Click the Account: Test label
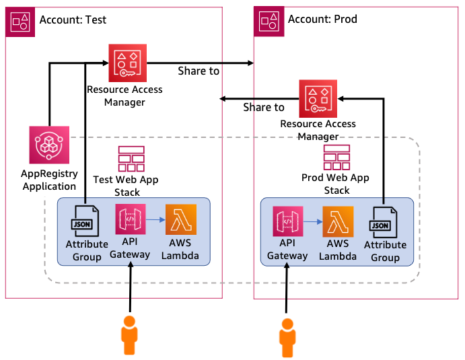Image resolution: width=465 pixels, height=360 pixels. [73, 20]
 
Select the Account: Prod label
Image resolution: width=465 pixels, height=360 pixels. [322, 19]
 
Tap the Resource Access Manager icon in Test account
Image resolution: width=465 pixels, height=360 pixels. [127, 63]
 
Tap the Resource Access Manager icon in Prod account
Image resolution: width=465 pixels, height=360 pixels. [318, 98]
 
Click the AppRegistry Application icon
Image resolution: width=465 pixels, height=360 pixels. [49, 145]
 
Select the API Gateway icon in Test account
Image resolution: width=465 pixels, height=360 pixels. [131, 220]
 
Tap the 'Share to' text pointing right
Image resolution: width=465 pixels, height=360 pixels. [198, 71]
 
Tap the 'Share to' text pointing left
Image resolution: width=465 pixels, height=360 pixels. [264, 107]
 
